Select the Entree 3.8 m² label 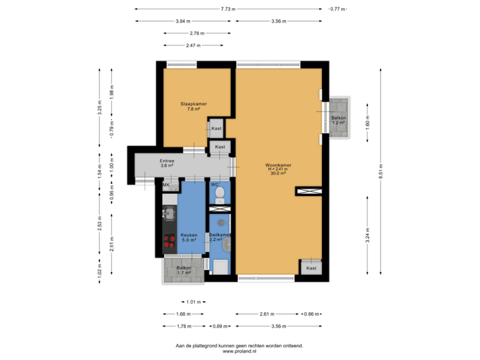167,163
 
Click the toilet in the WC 219,195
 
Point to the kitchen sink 169,214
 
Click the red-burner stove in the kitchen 169,241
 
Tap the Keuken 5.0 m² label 188,237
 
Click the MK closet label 167,185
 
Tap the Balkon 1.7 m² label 183,271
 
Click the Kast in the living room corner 311,268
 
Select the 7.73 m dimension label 230,9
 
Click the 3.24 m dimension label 367,236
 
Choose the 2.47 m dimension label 193,45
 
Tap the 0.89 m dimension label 218,326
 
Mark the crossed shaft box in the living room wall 310,191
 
